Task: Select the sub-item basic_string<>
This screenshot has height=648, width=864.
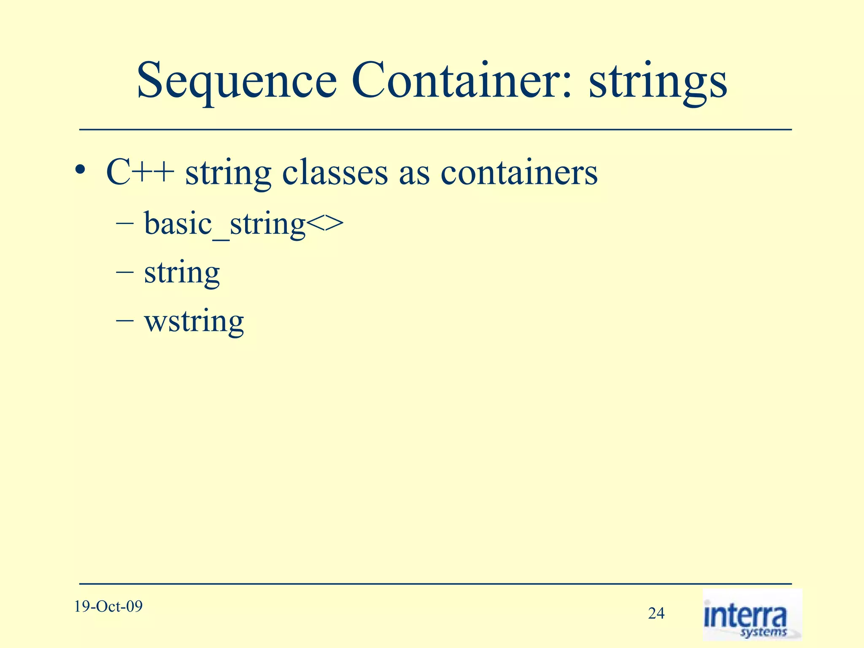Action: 243,224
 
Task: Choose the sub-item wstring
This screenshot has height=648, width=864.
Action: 194,321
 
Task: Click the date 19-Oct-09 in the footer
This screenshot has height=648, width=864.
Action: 108,607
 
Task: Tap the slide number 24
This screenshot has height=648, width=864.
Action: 656,613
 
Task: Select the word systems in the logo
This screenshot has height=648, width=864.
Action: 764,632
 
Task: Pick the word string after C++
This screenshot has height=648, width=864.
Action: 228,173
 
